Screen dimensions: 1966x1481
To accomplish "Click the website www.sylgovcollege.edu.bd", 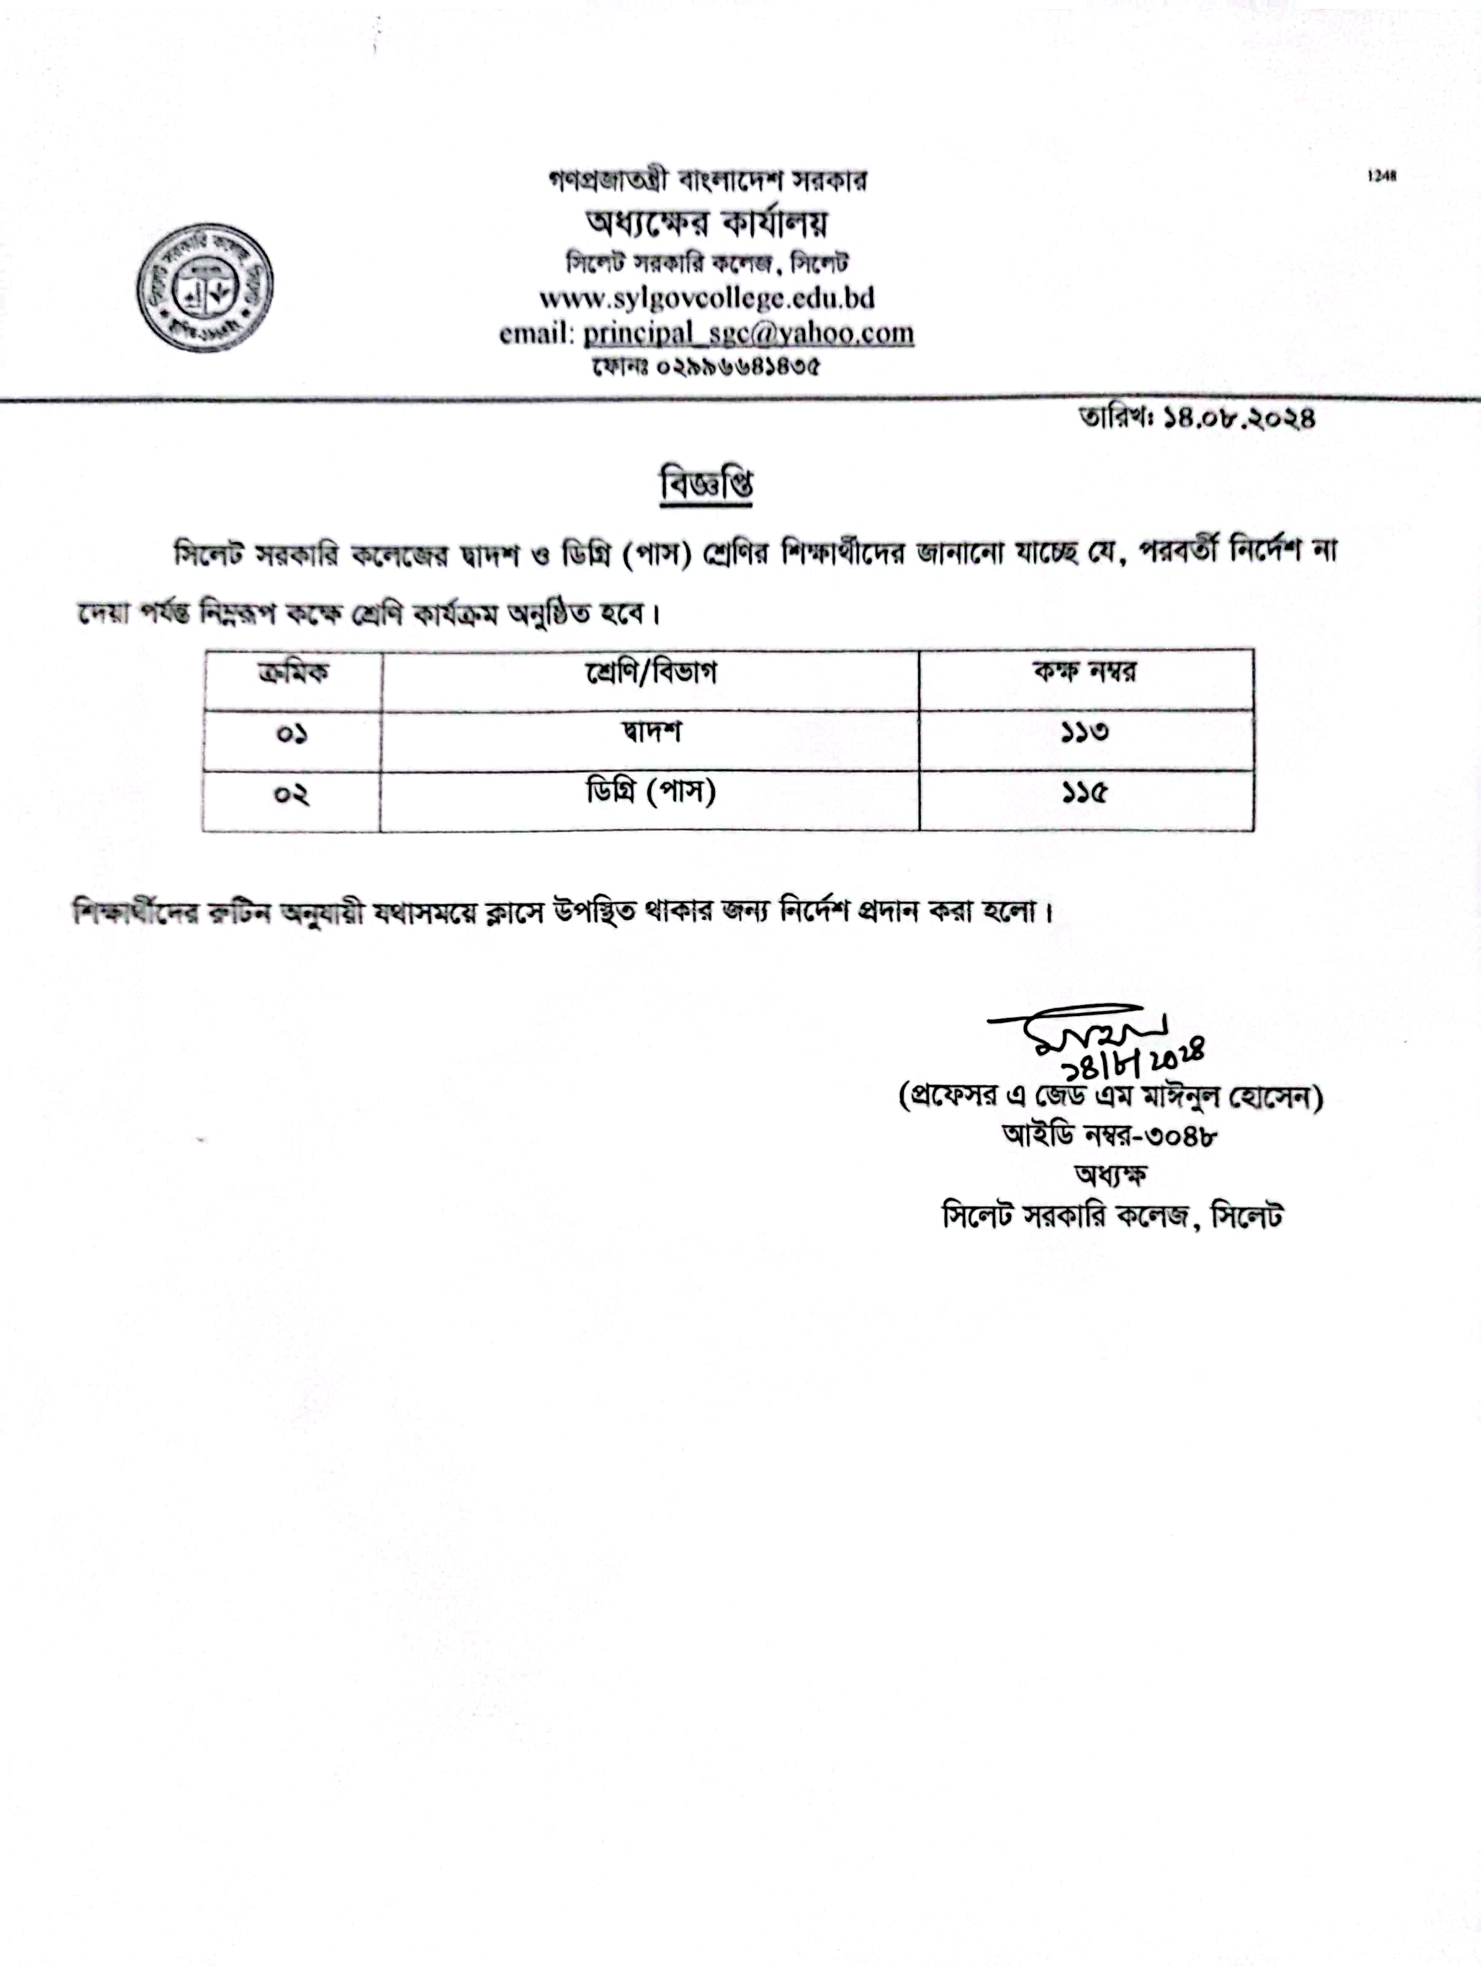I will pos(706,297).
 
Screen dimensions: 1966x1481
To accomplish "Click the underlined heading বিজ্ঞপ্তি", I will pos(706,485).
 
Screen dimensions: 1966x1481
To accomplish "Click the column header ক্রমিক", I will pos(292,673).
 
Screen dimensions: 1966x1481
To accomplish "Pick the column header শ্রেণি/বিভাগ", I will pos(650,673).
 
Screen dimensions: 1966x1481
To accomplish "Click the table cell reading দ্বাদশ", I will pos(650,733).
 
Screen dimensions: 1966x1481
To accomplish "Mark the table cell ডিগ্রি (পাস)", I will pos(650,792).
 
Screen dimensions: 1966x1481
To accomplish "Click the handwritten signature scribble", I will pos(1079,1027).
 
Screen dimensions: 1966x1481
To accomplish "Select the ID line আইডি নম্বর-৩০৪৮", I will pos(1110,1135).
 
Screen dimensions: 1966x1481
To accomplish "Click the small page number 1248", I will pos(1382,176).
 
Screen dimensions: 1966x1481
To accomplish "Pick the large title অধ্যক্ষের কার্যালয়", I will pos(706,223).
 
